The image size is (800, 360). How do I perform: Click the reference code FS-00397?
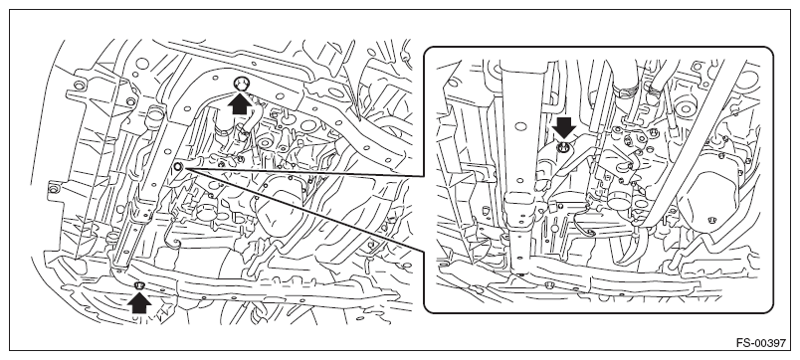click(x=761, y=343)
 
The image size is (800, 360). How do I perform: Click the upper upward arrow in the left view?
click(x=240, y=104)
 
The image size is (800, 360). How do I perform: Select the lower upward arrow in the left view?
click(x=139, y=303)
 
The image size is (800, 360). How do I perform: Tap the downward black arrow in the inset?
click(x=563, y=128)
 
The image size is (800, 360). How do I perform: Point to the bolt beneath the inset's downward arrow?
click(x=563, y=148)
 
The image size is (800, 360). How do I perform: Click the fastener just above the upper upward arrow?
click(x=241, y=84)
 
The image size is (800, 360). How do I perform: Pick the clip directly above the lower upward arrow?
click(x=138, y=284)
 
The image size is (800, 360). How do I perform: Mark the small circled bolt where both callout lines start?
click(x=178, y=166)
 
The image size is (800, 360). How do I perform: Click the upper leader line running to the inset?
click(x=303, y=171)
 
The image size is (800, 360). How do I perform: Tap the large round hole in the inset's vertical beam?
click(x=520, y=126)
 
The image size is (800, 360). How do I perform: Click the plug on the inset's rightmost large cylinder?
click(x=712, y=220)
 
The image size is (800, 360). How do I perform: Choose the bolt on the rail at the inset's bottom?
click(x=549, y=284)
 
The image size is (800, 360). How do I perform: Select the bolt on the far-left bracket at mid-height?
click(x=53, y=189)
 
